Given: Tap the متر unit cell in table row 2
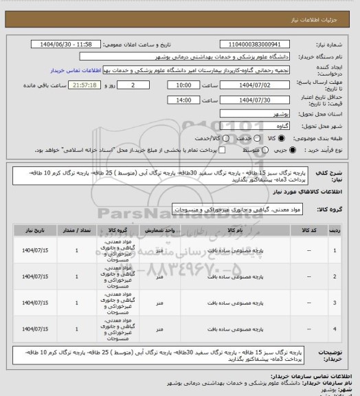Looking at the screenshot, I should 159,277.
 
